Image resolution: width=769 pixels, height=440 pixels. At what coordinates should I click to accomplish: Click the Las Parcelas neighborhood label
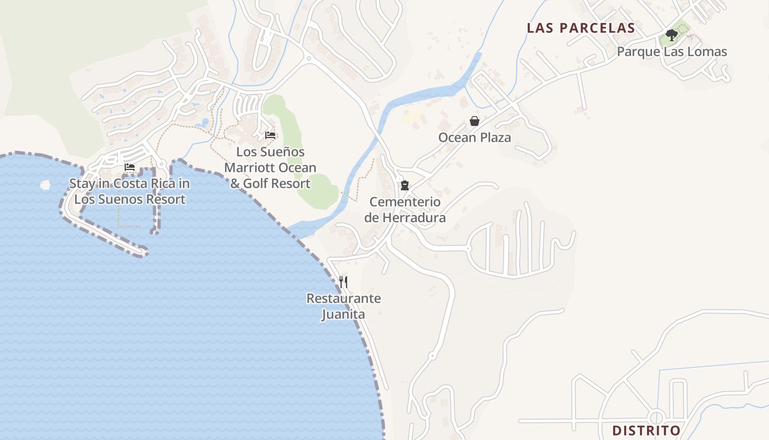tap(581, 28)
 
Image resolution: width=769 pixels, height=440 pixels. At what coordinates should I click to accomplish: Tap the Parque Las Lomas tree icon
tap(671, 36)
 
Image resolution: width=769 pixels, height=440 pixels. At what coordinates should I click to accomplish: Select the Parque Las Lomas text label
tap(672, 52)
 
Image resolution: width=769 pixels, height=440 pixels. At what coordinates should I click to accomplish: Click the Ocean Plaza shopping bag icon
tap(475, 121)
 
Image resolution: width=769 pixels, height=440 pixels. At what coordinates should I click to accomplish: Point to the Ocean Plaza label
tap(475, 137)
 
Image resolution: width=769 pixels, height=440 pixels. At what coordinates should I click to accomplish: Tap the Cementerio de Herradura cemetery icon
tap(405, 185)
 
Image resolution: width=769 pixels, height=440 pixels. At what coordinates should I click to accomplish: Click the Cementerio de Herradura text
tap(405, 210)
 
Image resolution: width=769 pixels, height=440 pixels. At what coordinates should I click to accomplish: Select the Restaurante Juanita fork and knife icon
tap(343, 282)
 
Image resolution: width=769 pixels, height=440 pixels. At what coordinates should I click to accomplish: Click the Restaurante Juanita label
tap(343, 306)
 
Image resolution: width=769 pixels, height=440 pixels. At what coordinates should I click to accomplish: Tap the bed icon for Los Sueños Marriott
tap(270, 135)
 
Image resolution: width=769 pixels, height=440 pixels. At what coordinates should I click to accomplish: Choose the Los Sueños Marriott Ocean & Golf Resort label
tap(270, 167)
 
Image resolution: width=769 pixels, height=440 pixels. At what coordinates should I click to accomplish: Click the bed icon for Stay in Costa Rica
tap(130, 167)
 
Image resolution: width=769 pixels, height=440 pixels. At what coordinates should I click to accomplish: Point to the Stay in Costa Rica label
tap(130, 191)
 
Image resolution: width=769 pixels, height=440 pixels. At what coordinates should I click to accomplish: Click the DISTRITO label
tap(647, 430)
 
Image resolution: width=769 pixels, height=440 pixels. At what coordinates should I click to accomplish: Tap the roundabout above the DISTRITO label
tap(656, 416)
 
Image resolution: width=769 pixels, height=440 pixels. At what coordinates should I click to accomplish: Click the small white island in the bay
tap(46, 185)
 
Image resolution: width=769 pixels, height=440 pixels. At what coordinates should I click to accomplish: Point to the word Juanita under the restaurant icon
tap(343, 315)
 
